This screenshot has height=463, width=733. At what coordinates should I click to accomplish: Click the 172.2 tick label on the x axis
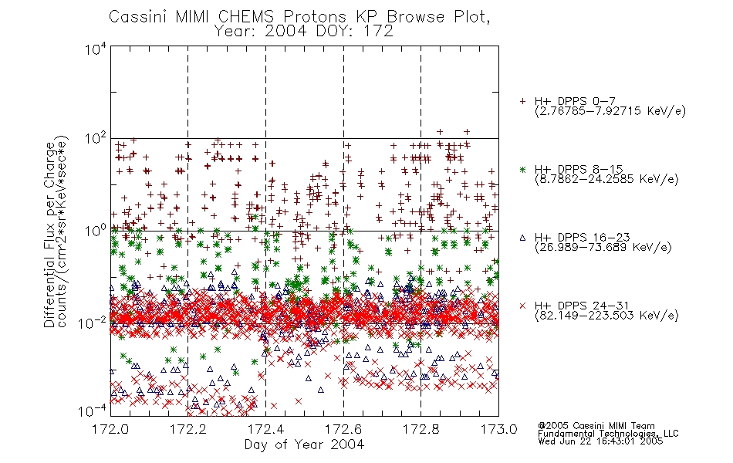tap(188, 429)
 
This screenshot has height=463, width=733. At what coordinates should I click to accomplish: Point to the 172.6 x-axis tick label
tap(343, 429)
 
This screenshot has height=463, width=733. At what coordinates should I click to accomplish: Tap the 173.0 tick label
tap(498, 429)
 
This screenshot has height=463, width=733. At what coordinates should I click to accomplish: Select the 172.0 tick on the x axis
tap(111, 429)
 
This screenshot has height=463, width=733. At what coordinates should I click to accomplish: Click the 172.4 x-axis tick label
tap(266, 429)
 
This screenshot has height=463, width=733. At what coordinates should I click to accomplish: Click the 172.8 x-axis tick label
tap(421, 429)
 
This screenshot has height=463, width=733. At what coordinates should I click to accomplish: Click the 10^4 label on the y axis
tap(96, 49)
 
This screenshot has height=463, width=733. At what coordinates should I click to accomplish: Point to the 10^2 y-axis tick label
tap(96, 139)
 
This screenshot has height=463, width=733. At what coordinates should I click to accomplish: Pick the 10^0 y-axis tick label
tap(96, 231)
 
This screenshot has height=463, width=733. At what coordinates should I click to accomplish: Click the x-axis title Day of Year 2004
tap(304, 444)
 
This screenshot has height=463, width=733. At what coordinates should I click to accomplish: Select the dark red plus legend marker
tap(522, 101)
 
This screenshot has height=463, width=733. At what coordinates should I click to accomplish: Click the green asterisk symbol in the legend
tap(522, 169)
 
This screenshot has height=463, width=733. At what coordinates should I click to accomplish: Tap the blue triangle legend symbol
tap(522, 238)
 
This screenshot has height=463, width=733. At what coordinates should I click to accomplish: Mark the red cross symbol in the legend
tap(522, 306)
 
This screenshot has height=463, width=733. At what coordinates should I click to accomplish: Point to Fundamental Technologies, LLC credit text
tap(608, 434)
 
